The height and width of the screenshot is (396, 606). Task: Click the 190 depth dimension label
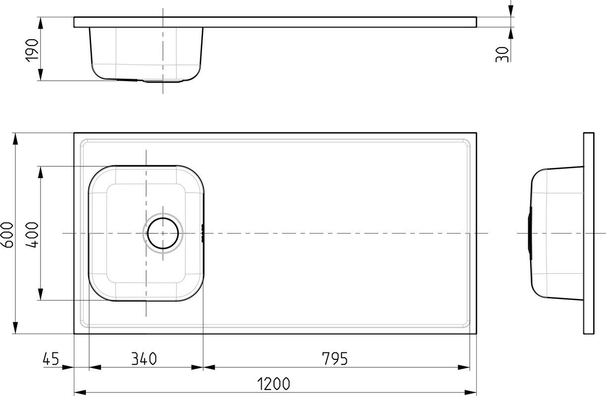(32, 50)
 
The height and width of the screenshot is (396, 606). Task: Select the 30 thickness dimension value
(502, 54)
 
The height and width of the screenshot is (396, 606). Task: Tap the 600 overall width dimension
(7, 235)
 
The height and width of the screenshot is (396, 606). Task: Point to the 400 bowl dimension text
(32, 235)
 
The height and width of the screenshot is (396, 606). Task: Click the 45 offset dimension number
(51, 358)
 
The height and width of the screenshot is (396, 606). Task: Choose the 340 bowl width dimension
(144, 358)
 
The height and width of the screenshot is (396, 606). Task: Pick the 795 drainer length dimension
(334, 358)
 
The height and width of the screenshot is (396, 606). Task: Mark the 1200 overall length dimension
(273, 384)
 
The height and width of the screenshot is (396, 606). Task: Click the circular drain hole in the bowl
(163, 233)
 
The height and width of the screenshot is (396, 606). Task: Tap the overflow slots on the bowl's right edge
(202, 233)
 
